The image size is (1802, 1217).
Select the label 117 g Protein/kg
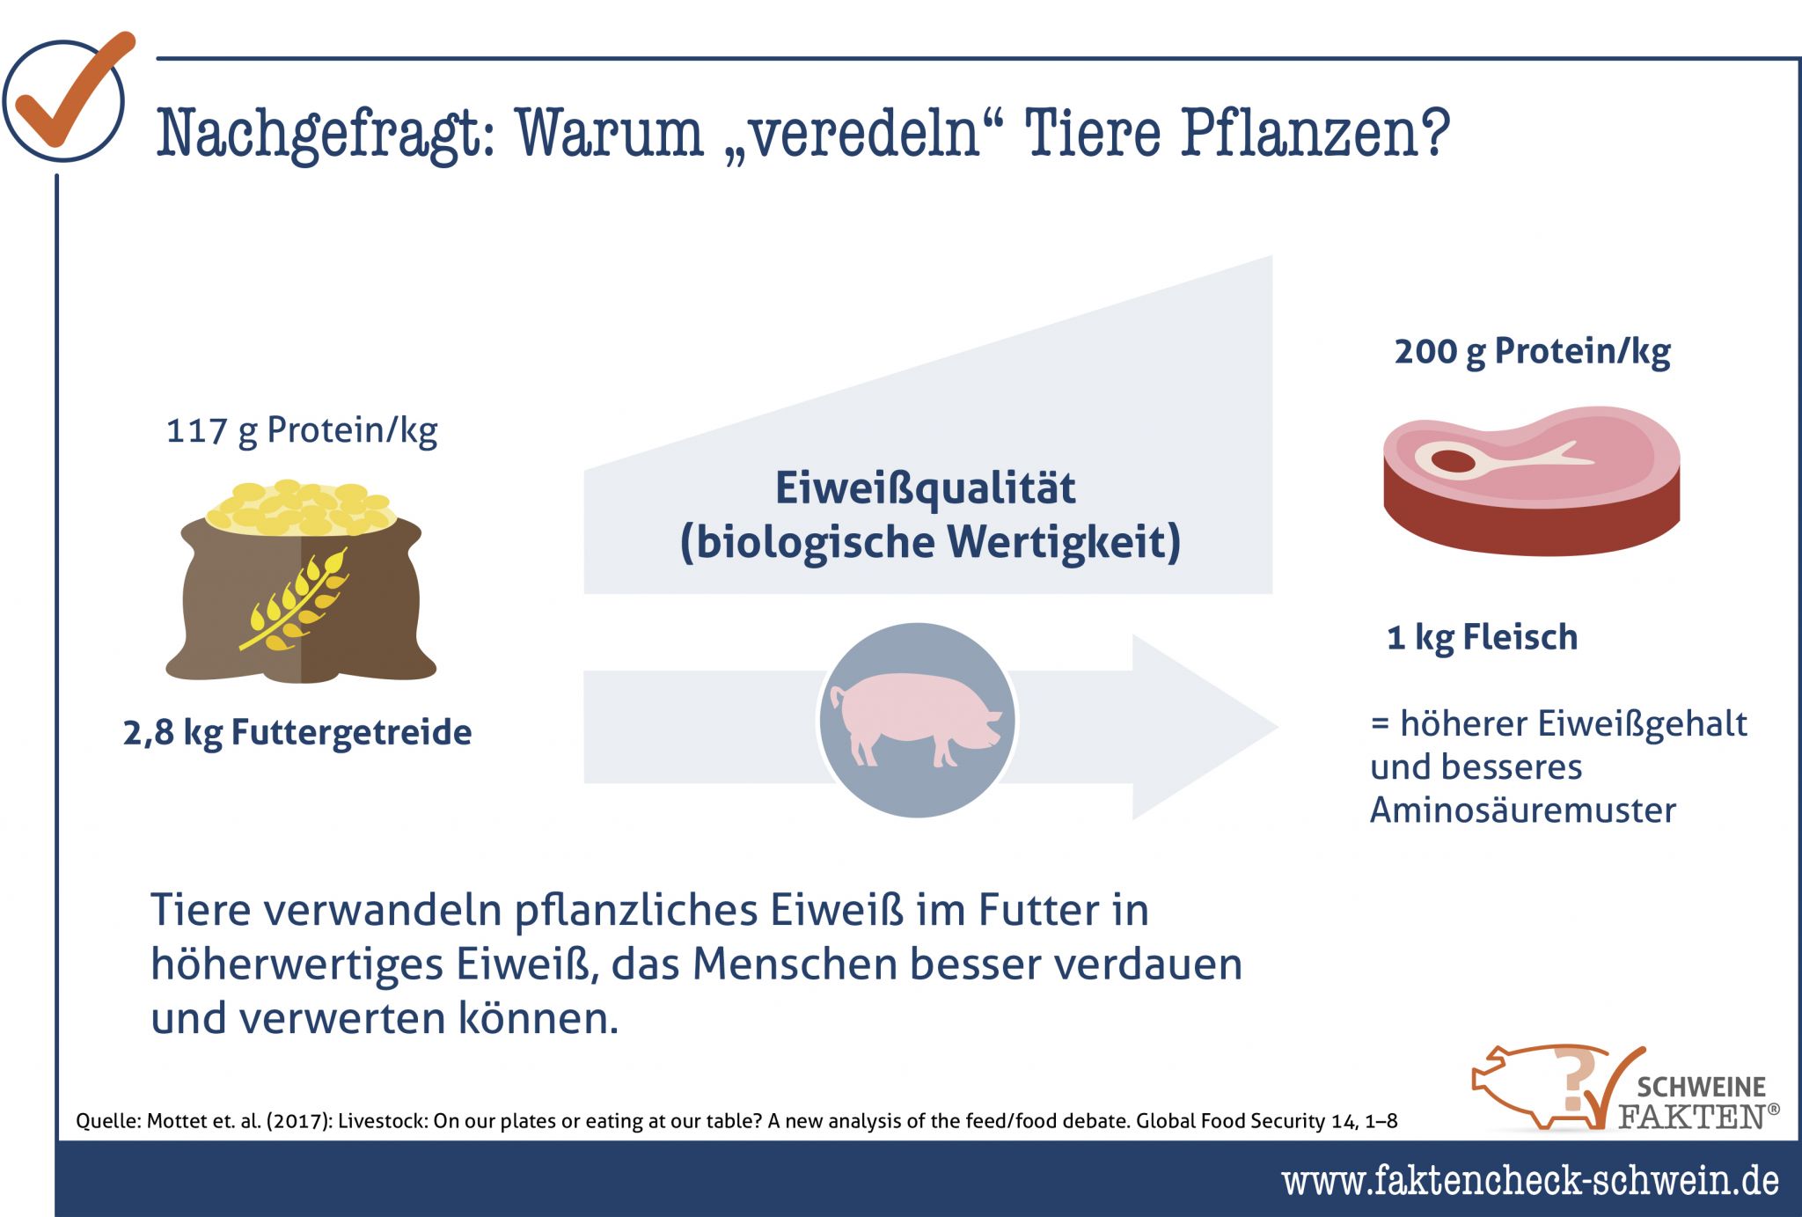(x=302, y=430)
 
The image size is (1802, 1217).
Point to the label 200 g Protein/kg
(x=1532, y=351)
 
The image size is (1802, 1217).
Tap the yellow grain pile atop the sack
(x=298, y=508)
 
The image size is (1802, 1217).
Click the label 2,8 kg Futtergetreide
(x=297, y=732)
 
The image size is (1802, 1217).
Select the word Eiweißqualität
(x=925, y=488)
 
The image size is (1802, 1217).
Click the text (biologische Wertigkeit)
(x=930, y=542)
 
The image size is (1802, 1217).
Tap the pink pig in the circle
(x=916, y=719)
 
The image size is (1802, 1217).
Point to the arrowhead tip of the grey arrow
(x=1277, y=727)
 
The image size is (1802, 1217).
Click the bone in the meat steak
(x=1500, y=459)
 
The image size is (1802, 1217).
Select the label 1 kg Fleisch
(x=1483, y=637)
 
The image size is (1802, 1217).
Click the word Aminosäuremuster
(x=1523, y=810)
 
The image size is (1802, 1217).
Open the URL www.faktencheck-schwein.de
(x=1530, y=1180)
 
